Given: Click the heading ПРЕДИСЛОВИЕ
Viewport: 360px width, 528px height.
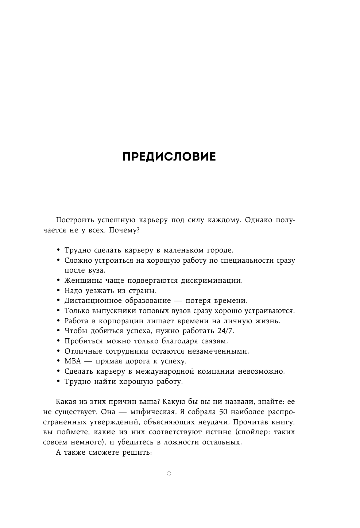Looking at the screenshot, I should click(169, 157).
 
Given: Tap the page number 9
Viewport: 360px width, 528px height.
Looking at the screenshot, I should click(169, 474).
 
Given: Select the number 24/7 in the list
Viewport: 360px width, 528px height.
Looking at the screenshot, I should click(225, 331).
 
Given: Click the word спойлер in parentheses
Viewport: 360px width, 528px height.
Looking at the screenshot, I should click(253, 432).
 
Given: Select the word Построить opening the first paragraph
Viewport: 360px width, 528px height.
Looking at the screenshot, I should click(74, 220).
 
